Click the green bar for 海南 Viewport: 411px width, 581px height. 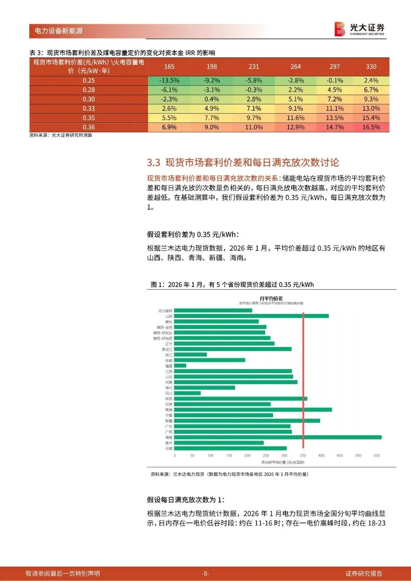pyautogui.click(x=277, y=438)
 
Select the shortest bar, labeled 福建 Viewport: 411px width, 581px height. pyautogui.click(x=180, y=366)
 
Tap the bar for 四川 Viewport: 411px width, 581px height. pyautogui.click(x=187, y=393)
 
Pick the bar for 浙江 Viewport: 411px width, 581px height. pyautogui.click(x=190, y=355)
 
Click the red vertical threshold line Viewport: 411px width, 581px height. pyautogui.click(x=303, y=380)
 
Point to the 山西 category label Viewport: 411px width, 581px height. pyautogui.click(x=169, y=316)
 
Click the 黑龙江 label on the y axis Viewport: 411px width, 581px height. pyautogui.click(x=167, y=349)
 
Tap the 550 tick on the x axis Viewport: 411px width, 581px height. pyautogui.click(x=376, y=455)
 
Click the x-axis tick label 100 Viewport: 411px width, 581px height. pyautogui.click(x=210, y=455)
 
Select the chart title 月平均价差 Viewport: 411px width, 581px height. pyautogui.click(x=271, y=298)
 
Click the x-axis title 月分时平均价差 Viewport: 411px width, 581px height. pyautogui.click(x=283, y=462)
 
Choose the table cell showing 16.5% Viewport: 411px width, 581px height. pyautogui.click(x=371, y=127)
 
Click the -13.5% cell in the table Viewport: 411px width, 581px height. pyautogui.click(x=169, y=81)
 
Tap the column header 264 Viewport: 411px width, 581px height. pyautogui.click(x=296, y=67)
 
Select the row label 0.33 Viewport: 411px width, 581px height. pyautogui.click(x=89, y=108)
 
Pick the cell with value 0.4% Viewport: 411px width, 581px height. pyautogui.click(x=212, y=99)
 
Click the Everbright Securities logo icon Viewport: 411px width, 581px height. pyautogui.click(x=340, y=29)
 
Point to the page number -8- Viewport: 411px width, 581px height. pyautogui.click(x=205, y=573)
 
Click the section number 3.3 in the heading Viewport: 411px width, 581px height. pyautogui.click(x=153, y=163)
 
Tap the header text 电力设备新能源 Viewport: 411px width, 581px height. pyautogui.click(x=59, y=31)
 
